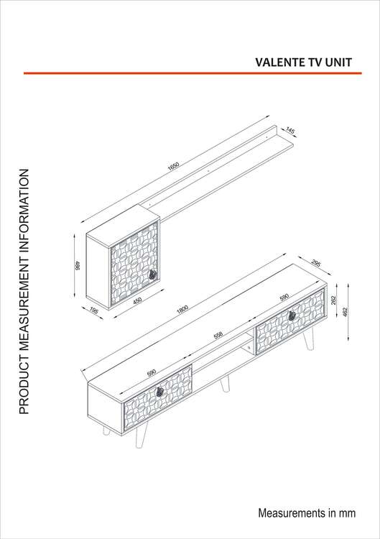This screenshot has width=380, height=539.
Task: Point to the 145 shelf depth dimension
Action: coord(290,131)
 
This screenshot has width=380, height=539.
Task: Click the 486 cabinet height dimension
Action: coord(78,265)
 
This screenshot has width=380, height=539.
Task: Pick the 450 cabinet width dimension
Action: coord(137,301)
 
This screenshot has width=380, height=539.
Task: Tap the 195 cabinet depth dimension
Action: coord(94,310)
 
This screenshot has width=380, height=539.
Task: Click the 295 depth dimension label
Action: coord(316,263)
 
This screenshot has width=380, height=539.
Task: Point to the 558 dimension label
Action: coord(218,335)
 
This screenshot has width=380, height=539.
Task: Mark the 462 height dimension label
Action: coord(346,312)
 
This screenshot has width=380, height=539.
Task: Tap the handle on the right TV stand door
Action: coord(292,315)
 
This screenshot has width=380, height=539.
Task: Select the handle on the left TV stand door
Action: coord(159,392)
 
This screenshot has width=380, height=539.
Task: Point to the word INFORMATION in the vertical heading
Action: coord(24,208)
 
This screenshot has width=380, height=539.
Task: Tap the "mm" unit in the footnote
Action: coord(348,513)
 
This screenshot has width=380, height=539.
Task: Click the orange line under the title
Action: coord(193,73)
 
